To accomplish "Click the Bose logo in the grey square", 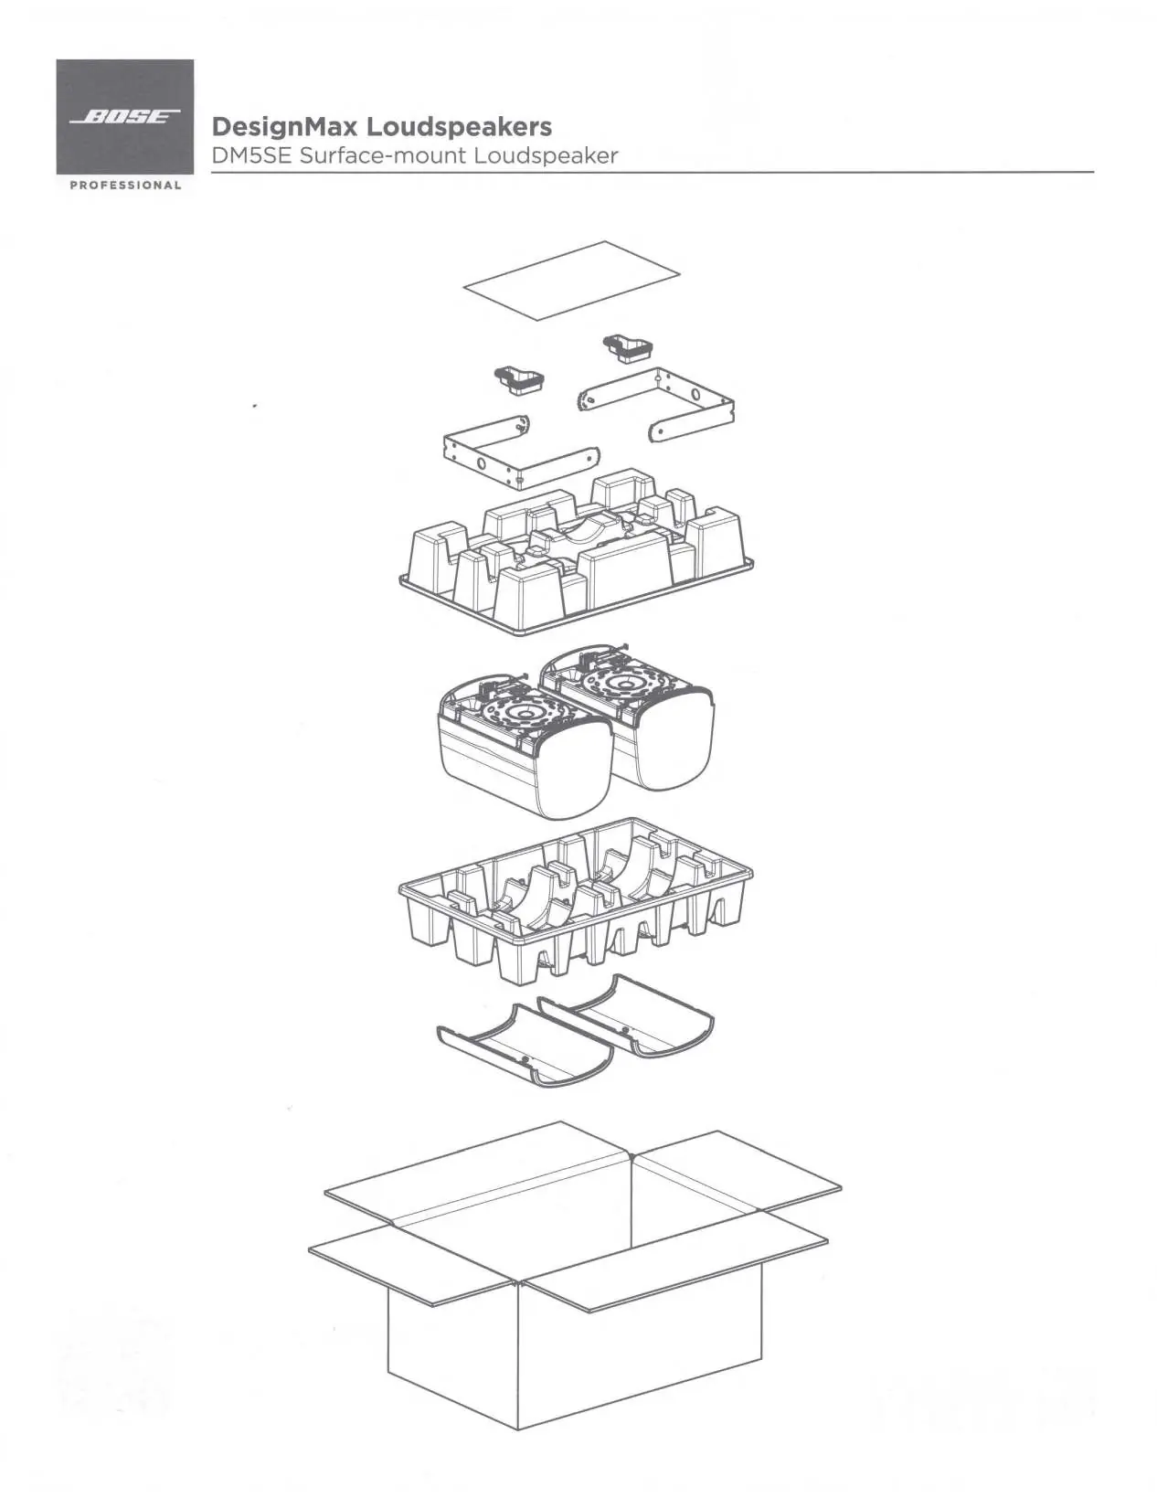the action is pyautogui.click(x=125, y=116).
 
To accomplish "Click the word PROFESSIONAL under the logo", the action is pyautogui.click(x=125, y=185).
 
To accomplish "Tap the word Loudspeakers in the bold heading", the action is pyautogui.click(x=459, y=126).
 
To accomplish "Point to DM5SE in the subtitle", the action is pyautogui.click(x=250, y=155).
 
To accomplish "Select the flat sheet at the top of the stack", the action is pyautogui.click(x=572, y=281).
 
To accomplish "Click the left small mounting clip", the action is pyautogui.click(x=519, y=380).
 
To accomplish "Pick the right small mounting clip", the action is pyautogui.click(x=628, y=348).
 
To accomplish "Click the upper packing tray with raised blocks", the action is pyautogui.click(x=576, y=551).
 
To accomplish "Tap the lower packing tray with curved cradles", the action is pyautogui.click(x=576, y=899).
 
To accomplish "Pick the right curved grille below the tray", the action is pyautogui.click(x=626, y=1015).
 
